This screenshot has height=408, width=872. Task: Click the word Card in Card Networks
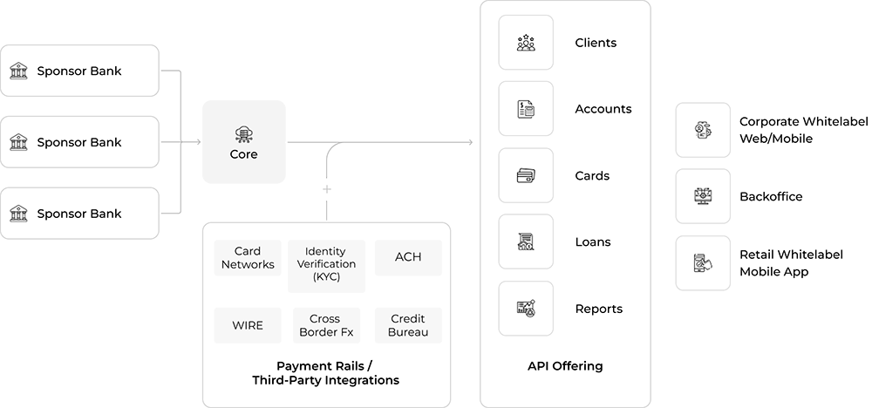(x=249, y=251)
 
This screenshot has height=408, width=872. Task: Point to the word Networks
(x=249, y=264)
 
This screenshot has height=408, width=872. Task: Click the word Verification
(x=324, y=263)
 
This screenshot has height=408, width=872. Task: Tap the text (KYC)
(x=324, y=276)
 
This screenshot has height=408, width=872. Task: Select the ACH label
(x=408, y=257)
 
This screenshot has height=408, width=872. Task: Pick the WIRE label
(x=248, y=325)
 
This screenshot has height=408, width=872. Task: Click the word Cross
(x=324, y=318)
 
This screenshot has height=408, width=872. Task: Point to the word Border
(x=317, y=331)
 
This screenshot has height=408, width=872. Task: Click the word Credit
(x=408, y=318)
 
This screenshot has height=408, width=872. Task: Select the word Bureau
(x=408, y=331)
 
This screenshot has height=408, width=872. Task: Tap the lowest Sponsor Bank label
(x=75, y=212)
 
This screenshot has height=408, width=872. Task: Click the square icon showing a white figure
(x=526, y=39)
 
